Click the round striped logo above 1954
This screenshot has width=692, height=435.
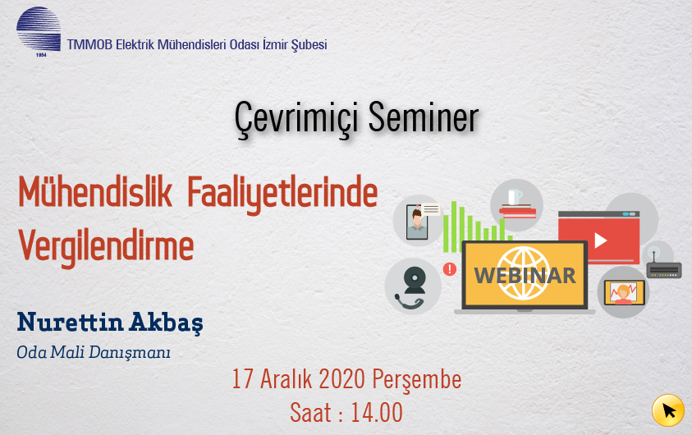click(39, 29)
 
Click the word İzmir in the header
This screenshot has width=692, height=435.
click(275, 44)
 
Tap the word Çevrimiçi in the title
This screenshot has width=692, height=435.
click(296, 118)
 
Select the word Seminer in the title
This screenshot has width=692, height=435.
click(424, 117)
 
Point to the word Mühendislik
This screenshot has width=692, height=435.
click(95, 192)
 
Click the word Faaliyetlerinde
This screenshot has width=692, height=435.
click(282, 195)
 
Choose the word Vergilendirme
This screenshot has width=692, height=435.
click(106, 247)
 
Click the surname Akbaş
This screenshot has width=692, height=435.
click(166, 323)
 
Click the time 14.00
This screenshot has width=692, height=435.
click(377, 413)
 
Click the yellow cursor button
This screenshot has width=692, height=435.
click(668, 410)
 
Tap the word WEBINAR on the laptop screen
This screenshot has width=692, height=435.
click(525, 276)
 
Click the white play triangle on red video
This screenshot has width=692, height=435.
click(600, 240)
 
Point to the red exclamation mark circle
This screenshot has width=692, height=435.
click(449, 268)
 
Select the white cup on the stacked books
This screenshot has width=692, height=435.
click(515, 197)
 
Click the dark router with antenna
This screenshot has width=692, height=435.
click(663, 268)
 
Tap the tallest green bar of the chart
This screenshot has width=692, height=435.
click(453, 227)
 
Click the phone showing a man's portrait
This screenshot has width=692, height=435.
click(417, 222)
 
